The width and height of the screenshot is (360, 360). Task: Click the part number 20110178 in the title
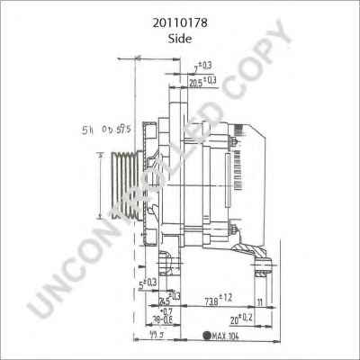pyautogui.click(x=181, y=15)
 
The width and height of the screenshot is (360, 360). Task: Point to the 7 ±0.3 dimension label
pyautogui.click(x=202, y=67)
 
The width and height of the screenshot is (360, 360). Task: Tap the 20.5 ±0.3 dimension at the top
pyautogui.click(x=202, y=82)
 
